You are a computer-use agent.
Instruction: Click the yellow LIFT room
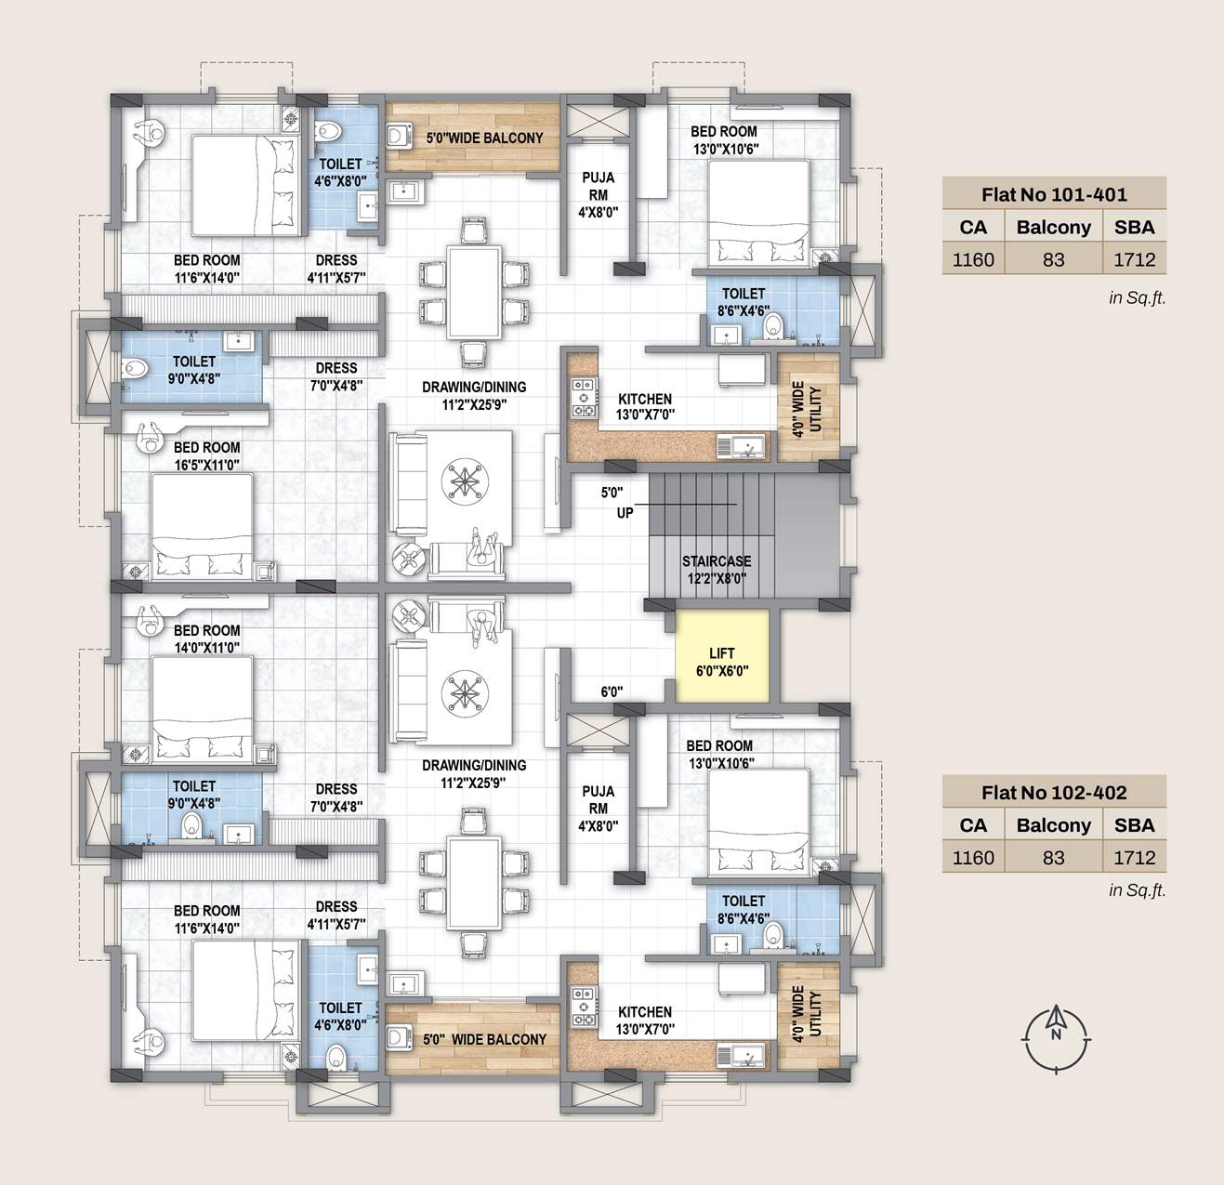[x=722, y=655]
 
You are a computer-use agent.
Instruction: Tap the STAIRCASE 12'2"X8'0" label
[x=717, y=569]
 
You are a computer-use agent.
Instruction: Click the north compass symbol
[x=1056, y=1039]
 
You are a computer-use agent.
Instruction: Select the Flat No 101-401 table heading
[x=1054, y=194]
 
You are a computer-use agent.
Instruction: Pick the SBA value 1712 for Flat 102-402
[x=1135, y=858]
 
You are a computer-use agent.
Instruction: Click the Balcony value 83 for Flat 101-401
[x=1054, y=259]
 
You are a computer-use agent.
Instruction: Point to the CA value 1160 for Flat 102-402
[x=973, y=858]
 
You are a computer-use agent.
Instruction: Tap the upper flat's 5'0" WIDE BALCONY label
[x=484, y=138]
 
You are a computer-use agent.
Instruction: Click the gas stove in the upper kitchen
[x=584, y=398]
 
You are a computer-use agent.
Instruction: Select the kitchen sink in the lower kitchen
[x=743, y=1056]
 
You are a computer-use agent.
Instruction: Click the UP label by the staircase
[x=625, y=513]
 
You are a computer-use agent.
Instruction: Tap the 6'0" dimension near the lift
[x=612, y=691]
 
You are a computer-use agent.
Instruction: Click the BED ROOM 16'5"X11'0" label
[x=207, y=456]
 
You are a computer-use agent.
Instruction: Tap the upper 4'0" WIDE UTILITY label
[x=807, y=409]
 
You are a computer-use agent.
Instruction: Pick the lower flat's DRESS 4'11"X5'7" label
[x=336, y=915]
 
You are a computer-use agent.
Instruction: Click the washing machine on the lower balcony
[x=399, y=1039]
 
